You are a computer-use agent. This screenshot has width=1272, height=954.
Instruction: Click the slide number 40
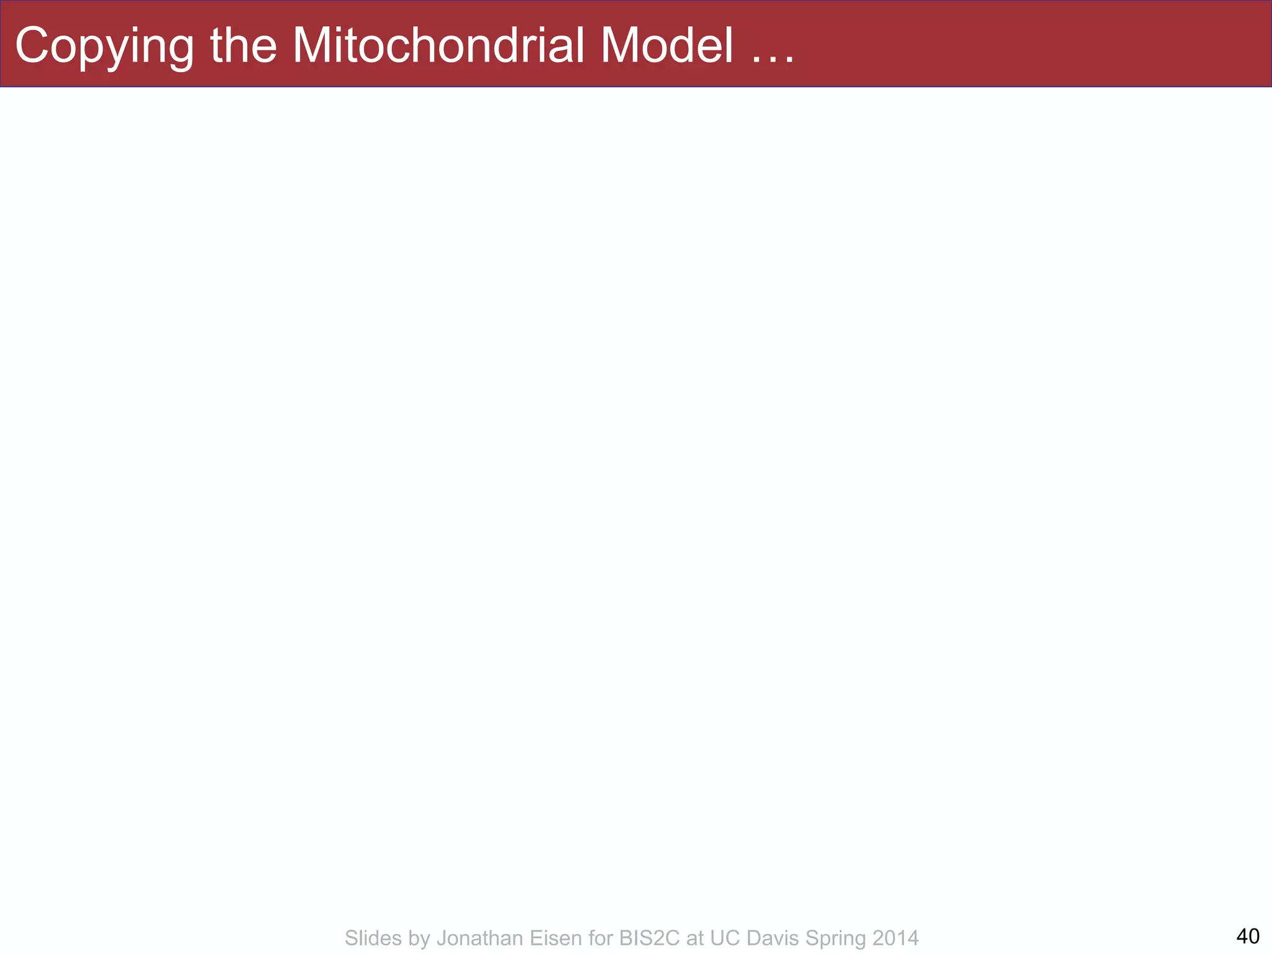pyautogui.click(x=1248, y=935)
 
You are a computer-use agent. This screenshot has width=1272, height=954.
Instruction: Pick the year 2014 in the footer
pyautogui.click(x=894, y=938)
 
